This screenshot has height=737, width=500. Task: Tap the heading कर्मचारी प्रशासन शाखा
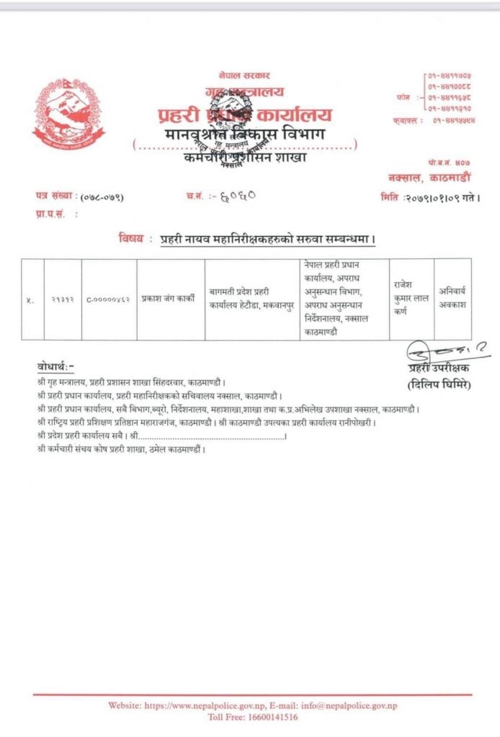click(244, 158)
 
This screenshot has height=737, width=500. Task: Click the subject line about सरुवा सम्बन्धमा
click(268, 238)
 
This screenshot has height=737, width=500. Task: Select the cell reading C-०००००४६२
click(108, 299)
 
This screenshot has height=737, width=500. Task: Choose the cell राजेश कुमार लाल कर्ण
click(411, 299)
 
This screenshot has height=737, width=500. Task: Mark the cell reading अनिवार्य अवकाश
click(453, 299)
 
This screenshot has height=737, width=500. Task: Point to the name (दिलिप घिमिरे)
click(437, 385)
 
